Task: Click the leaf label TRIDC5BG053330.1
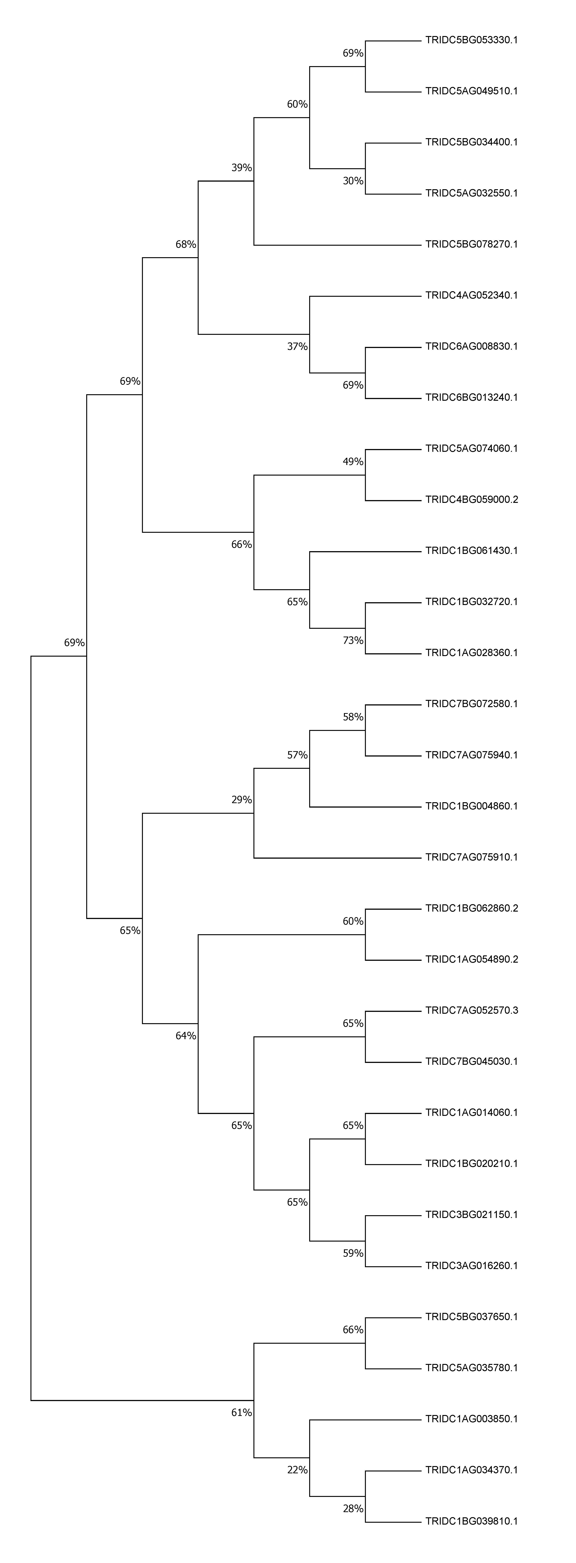point(472,41)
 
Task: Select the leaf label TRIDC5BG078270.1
point(472,245)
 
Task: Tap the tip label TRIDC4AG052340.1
point(472,295)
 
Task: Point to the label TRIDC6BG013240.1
point(472,397)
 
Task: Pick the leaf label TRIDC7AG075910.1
point(472,857)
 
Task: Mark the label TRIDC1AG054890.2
point(472,959)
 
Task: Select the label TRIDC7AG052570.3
point(472,1010)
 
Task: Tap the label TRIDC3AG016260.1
point(472,1266)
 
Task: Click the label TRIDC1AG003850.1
point(472,1419)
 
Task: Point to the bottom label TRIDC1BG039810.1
point(472,1521)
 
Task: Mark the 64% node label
point(186,1036)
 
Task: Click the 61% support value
point(242,1413)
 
